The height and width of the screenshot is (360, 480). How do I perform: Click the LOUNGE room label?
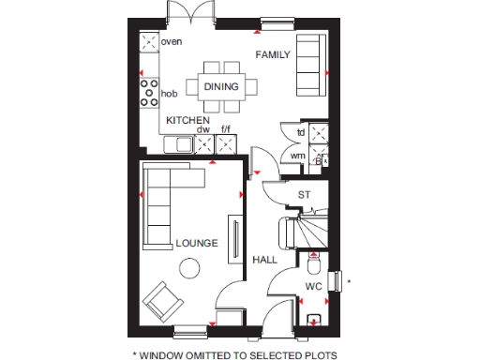[197, 244]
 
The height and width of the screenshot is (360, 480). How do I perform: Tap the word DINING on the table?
[221, 87]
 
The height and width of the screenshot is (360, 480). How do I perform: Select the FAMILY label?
[275, 55]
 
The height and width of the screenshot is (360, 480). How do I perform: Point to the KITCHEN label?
[187, 122]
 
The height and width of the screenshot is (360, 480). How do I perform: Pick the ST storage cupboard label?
[303, 195]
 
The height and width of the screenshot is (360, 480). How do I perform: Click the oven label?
[171, 42]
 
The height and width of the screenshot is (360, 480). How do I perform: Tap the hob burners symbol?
[149, 92]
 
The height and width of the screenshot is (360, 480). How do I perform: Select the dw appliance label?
[202, 129]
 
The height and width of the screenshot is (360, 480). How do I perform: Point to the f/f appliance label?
[225, 129]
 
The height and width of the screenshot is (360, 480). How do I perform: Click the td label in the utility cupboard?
[301, 132]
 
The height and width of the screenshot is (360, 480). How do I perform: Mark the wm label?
[297, 156]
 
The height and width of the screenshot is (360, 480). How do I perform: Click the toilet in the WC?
[313, 263]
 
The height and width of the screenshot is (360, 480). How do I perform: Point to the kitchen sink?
[178, 144]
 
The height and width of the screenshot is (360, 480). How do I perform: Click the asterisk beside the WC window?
[348, 281]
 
